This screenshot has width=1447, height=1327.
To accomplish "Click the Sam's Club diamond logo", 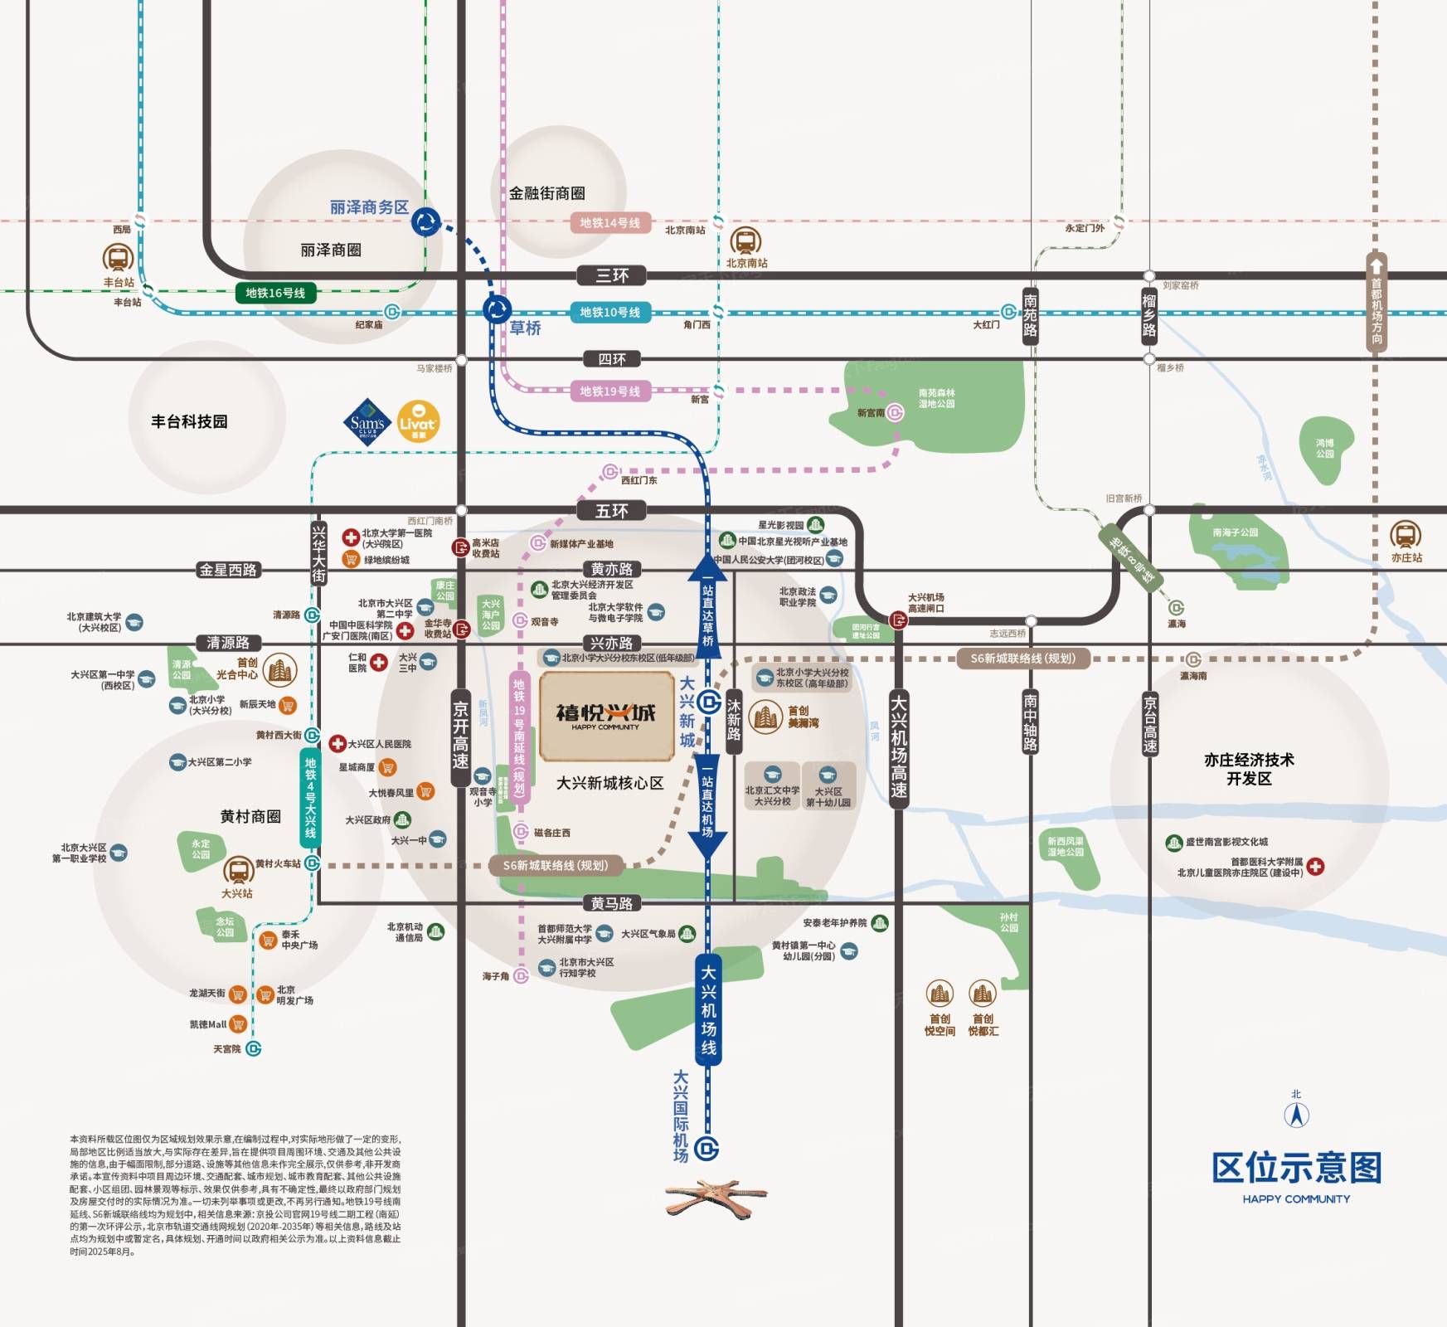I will coord(367,422).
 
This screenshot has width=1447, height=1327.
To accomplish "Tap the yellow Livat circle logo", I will coord(419,422).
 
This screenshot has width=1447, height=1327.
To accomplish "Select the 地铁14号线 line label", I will coord(610,223).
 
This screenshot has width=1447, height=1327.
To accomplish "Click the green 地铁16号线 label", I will coord(275,293).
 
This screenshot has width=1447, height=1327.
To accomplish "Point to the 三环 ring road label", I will coord(612,275).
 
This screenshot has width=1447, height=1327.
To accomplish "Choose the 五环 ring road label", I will coord(612,511).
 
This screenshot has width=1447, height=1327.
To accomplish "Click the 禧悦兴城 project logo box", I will coord(606,717).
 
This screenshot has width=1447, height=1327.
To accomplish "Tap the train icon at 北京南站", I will coord(745,241).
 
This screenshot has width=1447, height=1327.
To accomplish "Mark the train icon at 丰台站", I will coord(118,258).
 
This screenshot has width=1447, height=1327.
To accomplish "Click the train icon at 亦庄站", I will coord(1406,535).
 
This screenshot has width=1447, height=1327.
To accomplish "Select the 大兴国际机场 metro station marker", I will coord(707,1149).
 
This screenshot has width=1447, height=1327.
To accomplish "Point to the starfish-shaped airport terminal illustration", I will coord(715,1196).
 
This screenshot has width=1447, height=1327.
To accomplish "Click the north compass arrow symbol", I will coord(1297,1115).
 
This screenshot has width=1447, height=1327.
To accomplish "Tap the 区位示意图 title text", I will coord(1296,1168).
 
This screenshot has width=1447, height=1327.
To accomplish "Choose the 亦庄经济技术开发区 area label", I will coord(1249,769).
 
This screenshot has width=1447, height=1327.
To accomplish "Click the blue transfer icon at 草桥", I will coord(498,310).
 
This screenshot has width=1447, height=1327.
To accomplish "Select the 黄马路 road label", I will coord(612,903).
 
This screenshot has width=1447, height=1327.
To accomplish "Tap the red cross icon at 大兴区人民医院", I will coord(337,744).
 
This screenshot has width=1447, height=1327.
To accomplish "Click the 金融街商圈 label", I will coord(547,193).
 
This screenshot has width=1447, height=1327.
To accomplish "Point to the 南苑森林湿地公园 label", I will coord(936,398).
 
